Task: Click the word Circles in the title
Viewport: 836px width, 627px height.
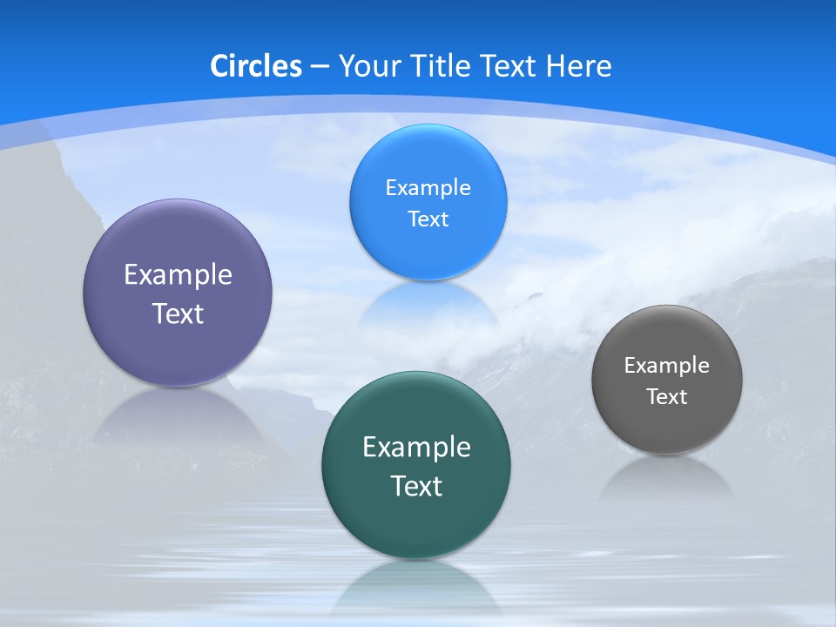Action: click(x=256, y=66)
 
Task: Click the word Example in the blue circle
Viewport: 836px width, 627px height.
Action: click(x=428, y=187)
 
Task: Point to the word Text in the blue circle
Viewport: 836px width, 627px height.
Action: click(x=428, y=219)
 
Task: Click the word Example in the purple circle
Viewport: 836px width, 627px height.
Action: click(x=178, y=274)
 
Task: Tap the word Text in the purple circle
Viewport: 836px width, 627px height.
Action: click(x=178, y=313)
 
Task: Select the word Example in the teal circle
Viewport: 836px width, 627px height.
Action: click(x=416, y=447)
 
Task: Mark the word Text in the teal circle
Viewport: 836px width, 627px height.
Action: click(x=416, y=486)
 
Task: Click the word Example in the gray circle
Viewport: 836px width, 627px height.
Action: click(x=667, y=365)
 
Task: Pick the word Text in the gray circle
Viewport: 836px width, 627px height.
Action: click(x=667, y=396)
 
